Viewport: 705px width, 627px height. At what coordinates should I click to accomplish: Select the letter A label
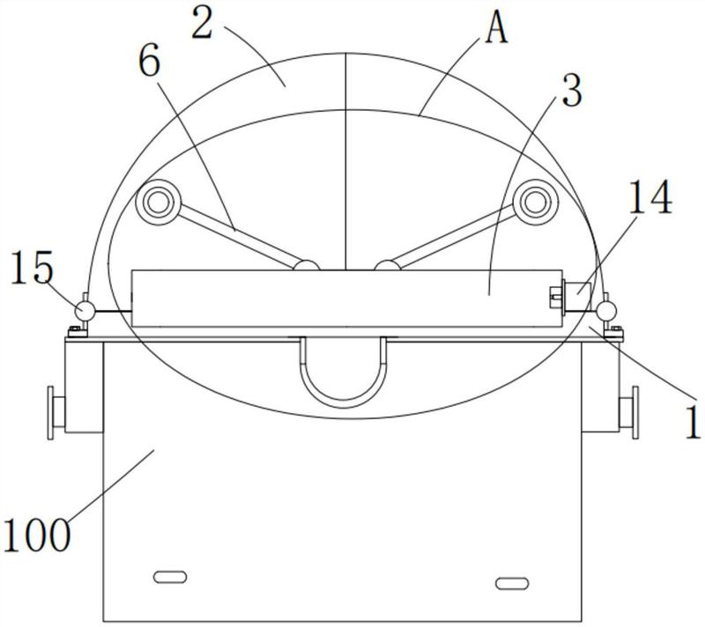[x=496, y=28]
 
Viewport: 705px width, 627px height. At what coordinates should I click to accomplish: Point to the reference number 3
[x=572, y=91]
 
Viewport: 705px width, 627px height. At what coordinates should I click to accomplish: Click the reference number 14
[x=649, y=196]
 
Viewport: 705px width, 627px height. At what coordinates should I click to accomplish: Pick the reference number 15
[x=32, y=267]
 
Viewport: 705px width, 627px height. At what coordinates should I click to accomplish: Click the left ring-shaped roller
[x=159, y=203]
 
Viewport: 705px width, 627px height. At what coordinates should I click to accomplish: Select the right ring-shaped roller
[x=536, y=203]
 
